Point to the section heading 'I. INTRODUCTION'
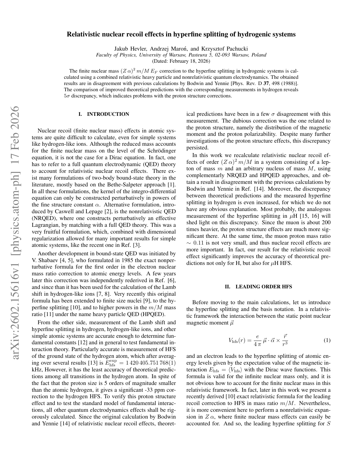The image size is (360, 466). click(104, 114)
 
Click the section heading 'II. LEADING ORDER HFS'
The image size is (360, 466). click(258, 287)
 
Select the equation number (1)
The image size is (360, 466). click(327, 340)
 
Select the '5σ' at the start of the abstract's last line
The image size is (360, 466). click(67, 96)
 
